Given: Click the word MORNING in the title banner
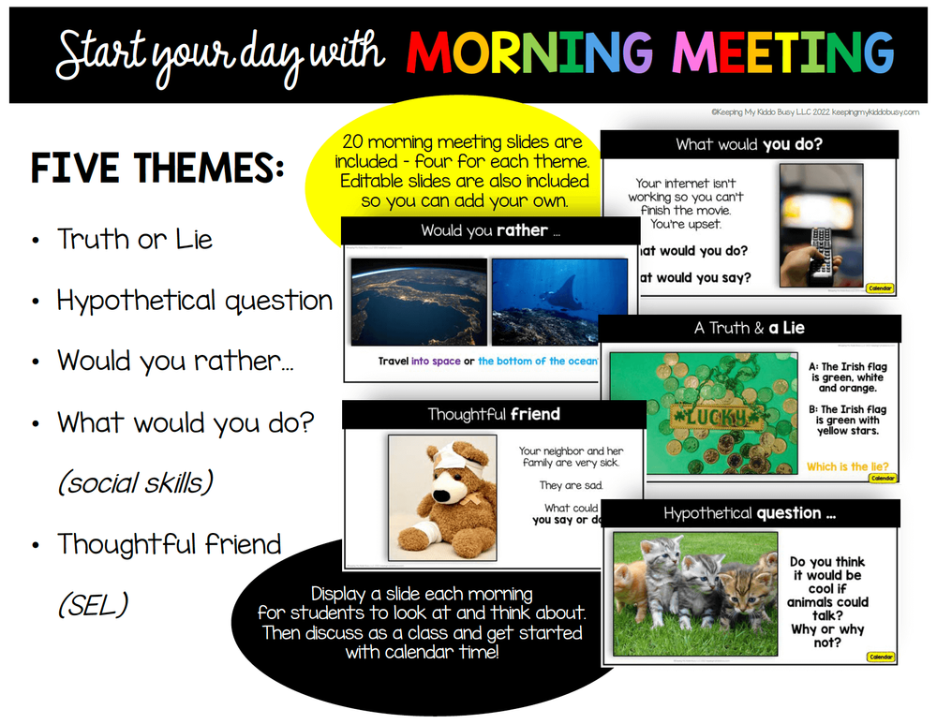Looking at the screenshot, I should click(527, 52).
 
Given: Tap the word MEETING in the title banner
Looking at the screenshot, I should click(777, 52).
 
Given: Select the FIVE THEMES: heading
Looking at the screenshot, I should click(157, 169).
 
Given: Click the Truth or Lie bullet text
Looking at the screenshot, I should click(134, 240).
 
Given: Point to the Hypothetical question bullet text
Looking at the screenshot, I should click(194, 301).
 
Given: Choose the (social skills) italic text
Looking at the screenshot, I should click(135, 482).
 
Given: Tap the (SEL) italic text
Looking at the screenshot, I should click(93, 605).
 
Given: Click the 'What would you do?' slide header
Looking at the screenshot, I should click(749, 144).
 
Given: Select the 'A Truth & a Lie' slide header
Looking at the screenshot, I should click(749, 328).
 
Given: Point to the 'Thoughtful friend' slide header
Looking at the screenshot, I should click(493, 414).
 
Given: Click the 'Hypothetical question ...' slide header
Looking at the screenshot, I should click(749, 512).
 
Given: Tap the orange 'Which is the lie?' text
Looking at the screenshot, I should click(846, 466).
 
